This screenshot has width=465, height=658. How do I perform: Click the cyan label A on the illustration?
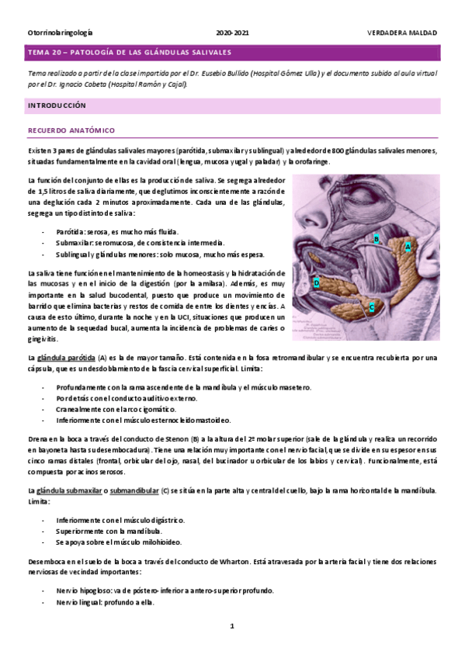coord(408,245)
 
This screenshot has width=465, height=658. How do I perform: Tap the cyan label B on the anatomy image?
coord(376,239)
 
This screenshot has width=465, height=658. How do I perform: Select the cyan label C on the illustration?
coord(373,307)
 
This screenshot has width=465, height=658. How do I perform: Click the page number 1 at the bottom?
coord(231,625)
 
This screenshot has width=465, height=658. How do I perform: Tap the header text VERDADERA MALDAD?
coord(402,33)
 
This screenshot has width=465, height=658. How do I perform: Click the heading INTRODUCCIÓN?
coord(57,105)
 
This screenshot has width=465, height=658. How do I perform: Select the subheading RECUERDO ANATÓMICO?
coord(71,130)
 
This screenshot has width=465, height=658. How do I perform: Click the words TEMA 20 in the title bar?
coord(45,53)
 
